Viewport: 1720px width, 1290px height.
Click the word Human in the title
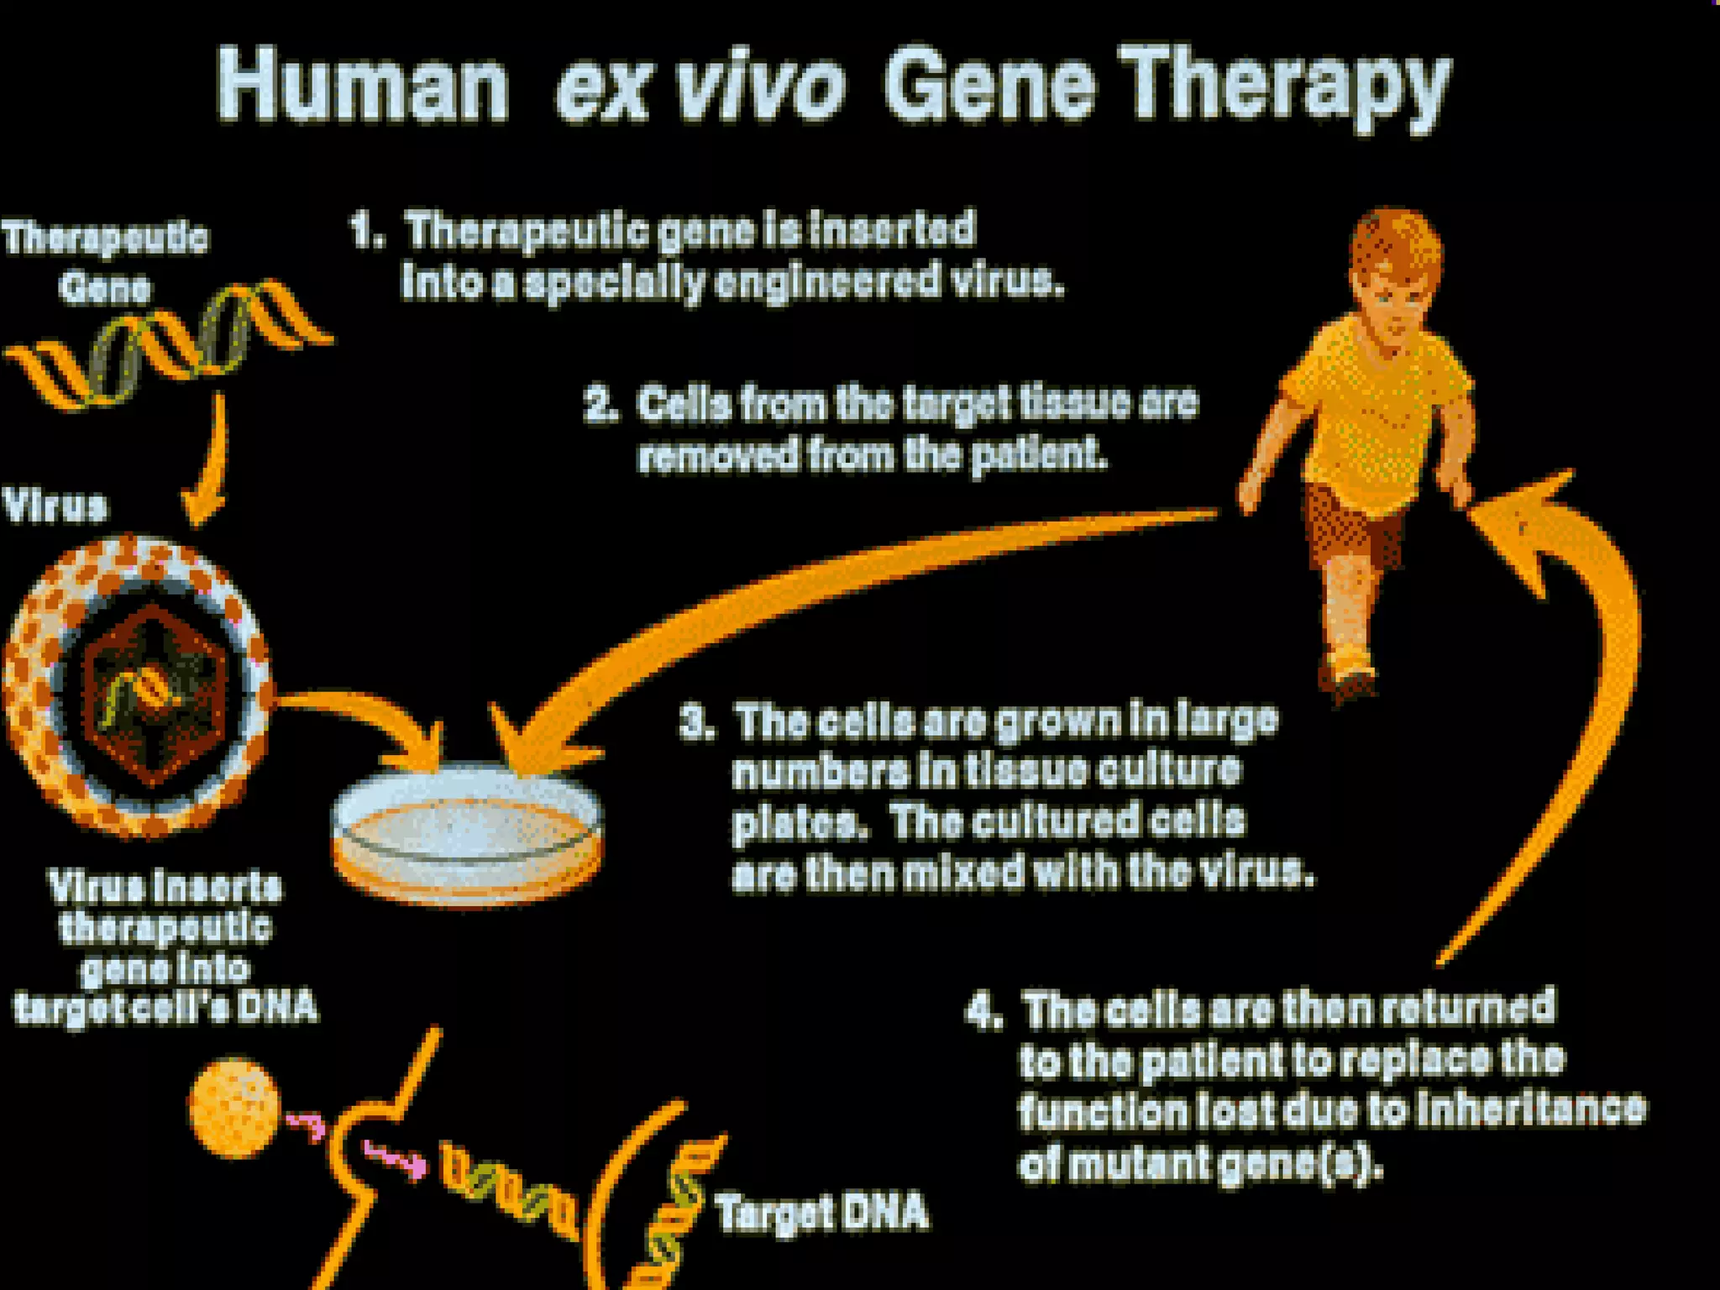pos(363,84)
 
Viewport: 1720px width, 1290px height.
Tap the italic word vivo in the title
pos(760,84)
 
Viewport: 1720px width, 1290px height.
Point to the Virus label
pos(55,506)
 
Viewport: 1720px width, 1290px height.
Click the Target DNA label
pos(821,1212)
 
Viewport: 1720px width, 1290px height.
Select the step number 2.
pos(600,404)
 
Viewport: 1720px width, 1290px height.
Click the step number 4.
pos(982,1009)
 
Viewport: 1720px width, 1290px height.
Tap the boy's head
pos(1394,269)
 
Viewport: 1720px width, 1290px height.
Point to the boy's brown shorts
pos(1352,525)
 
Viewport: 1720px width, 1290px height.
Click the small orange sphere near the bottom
pos(234,1107)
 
